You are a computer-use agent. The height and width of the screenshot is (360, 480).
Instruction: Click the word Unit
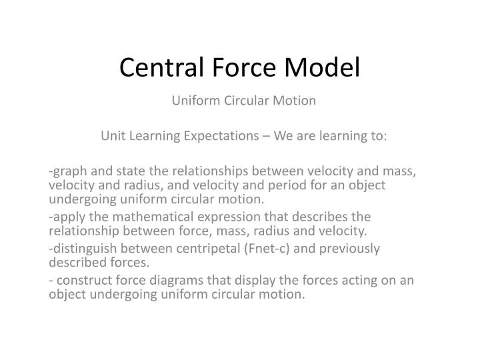111,136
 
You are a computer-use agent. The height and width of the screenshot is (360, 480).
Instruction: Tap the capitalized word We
282,136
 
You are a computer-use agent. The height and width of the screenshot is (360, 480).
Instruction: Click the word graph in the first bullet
70,172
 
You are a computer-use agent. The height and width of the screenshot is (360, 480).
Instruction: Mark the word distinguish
84,249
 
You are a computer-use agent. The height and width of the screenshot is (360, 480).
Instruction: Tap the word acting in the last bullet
361,281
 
